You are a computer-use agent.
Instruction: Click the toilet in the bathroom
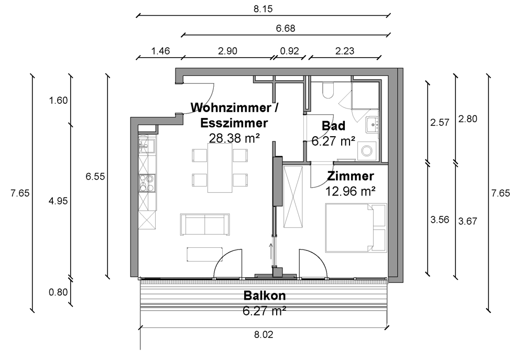328,90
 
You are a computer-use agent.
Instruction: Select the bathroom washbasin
372,125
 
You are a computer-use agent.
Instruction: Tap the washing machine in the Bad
367,151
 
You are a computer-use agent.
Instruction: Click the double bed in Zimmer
356,228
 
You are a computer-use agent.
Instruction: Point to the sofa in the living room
205,224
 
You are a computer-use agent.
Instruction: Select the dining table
220,168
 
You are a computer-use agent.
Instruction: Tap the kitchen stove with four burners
147,183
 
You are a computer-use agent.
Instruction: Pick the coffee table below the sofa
205,254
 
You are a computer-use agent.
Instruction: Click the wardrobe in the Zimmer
293,197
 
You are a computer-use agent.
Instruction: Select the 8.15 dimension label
263,9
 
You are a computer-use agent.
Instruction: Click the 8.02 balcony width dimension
264,334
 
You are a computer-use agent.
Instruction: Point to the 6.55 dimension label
95,176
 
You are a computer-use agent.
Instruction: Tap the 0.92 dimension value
289,51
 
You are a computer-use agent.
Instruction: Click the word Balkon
264,296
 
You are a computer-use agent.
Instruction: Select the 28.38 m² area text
234,138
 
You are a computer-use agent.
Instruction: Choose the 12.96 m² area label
350,191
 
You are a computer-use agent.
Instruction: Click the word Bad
333,126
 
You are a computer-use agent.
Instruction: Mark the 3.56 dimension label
440,220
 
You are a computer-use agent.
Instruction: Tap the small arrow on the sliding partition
271,251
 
